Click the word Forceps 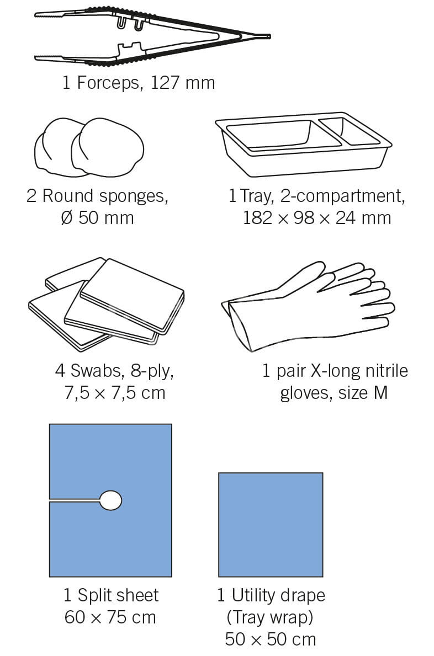pos(109,83)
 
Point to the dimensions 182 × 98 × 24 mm pos(317,218)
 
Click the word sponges pos(134,196)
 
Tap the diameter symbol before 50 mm pos(67,218)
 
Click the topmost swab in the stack pos(132,295)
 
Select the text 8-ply pos(151,371)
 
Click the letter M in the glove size pos(381,393)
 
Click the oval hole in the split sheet pos(110,500)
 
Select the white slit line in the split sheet pos(75,500)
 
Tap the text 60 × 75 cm pos(110,617)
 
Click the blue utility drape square pos(271,525)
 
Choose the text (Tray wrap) pos(270,617)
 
